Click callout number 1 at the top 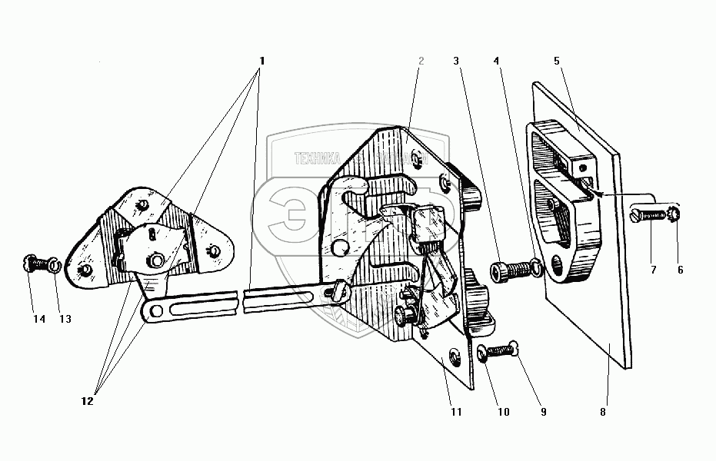[262, 61]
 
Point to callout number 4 [497, 61]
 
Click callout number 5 [557, 61]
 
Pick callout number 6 [679, 270]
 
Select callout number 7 [653, 270]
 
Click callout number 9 [543, 412]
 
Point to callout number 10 [503, 412]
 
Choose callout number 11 [456, 412]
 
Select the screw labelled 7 [649, 214]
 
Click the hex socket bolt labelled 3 [508, 270]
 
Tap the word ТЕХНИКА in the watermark [317, 159]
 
